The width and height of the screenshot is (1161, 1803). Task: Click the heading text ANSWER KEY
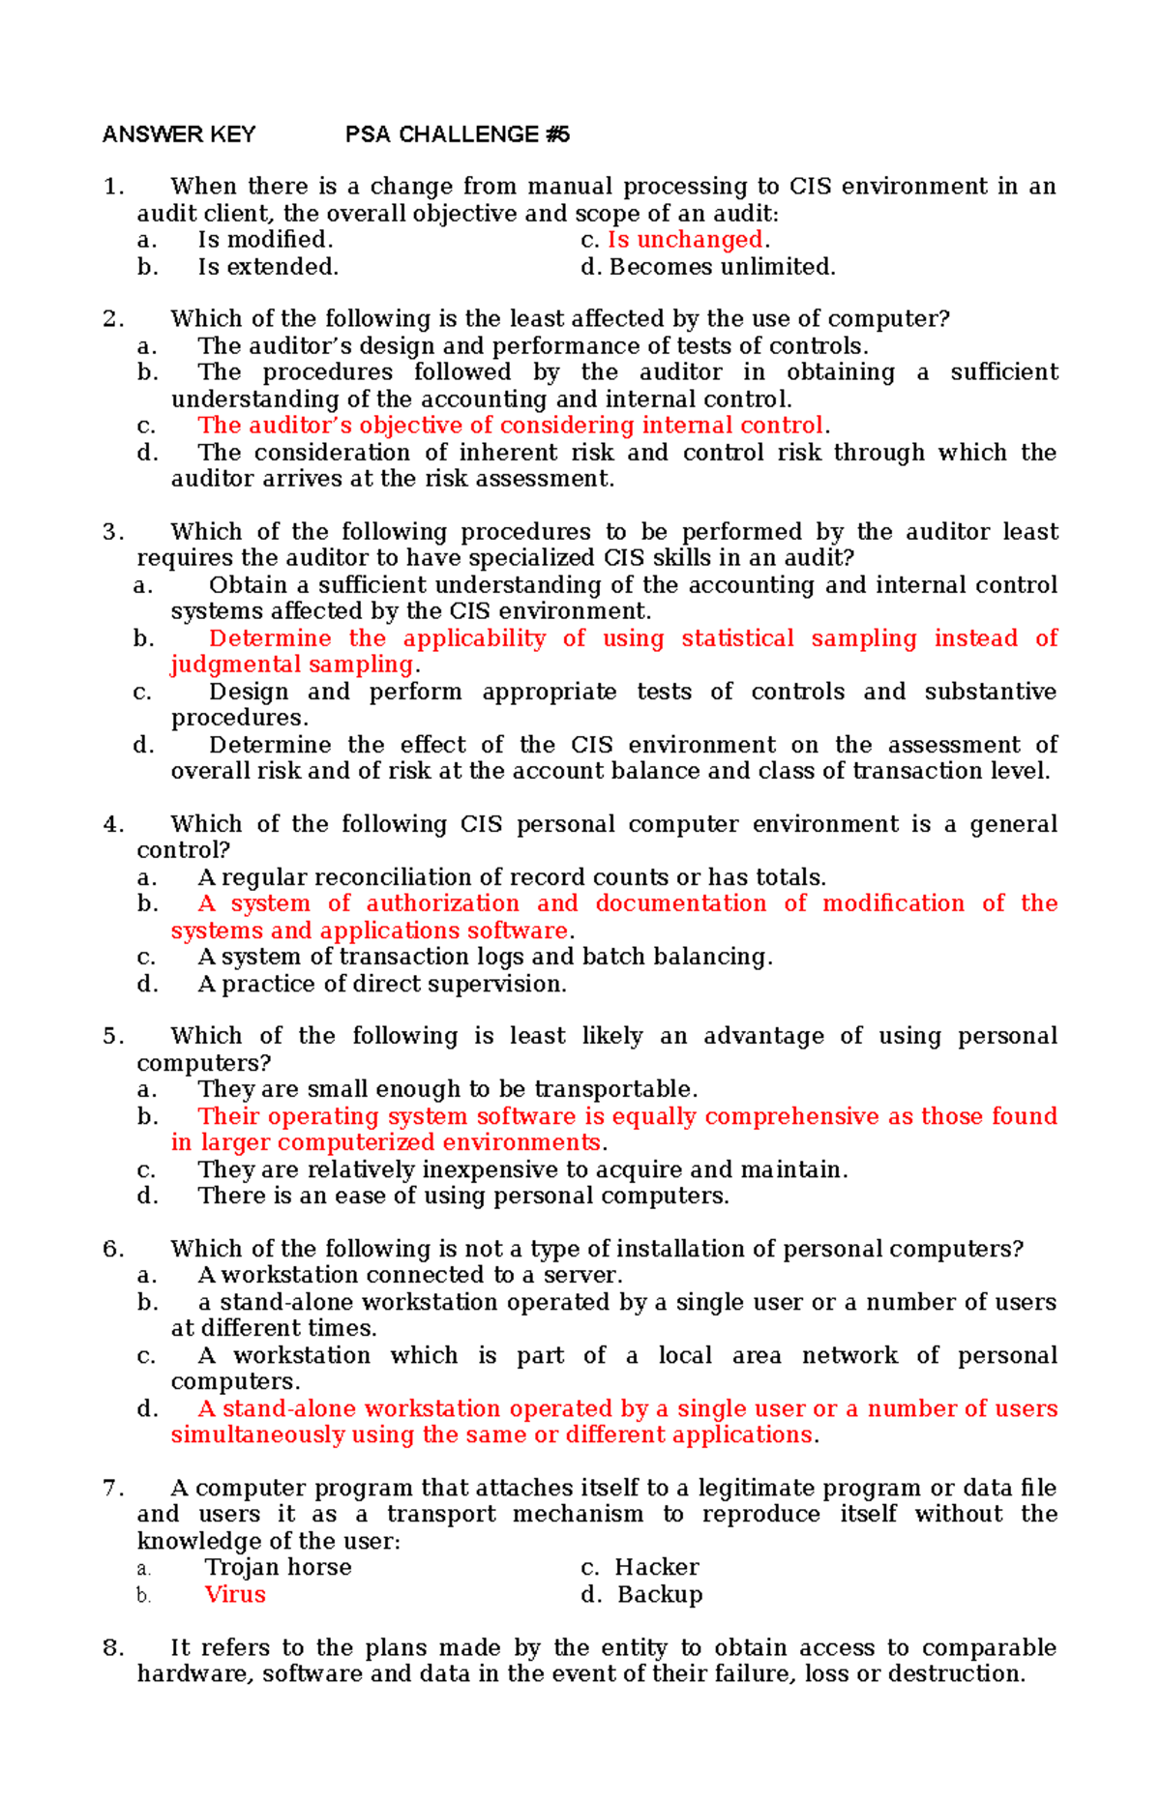point(179,134)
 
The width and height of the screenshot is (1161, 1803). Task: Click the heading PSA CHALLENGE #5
point(457,134)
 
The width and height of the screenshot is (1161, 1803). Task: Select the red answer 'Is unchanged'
point(685,240)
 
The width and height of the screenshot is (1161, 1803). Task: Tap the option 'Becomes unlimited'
point(721,267)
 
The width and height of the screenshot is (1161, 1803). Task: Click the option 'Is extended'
point(268,267)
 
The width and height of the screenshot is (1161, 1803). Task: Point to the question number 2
point(112,319)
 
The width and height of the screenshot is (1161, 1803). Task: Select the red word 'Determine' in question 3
point(270,638)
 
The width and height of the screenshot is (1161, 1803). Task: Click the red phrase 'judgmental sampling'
point(292,665)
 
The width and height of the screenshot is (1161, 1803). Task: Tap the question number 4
point(112,824)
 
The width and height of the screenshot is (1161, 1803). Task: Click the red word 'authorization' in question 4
point(442,903)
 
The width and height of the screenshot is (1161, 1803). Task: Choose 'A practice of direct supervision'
point(381,985)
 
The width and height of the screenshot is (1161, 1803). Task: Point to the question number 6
point(112,1249)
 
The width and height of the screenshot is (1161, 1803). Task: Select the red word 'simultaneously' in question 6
point(257,1435)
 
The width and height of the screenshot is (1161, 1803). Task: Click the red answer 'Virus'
point(235,1595)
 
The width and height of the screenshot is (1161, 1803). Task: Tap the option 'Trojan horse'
point(278,1568)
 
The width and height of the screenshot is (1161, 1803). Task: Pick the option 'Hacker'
point(656,1568)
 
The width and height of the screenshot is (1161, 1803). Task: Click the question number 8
point(112,1648)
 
